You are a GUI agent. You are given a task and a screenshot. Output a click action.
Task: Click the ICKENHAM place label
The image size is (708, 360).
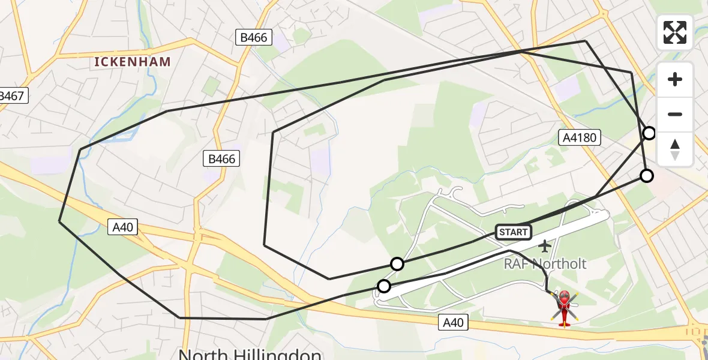(x=133, y=61)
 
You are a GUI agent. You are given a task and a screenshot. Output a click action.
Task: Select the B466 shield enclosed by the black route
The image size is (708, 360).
(x=222, y=158)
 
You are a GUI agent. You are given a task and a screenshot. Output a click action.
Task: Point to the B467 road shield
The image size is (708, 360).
(x=12, y=95)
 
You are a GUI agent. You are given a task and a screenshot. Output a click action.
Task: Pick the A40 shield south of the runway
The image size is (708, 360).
(x=453, y=322)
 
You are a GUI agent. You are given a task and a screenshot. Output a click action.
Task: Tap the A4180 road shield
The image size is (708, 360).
(x=580, y=138)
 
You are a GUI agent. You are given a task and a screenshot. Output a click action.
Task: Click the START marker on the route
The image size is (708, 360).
(x=513, y=232)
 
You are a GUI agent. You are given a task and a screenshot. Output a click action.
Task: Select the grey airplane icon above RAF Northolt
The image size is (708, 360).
(x=544, y=245)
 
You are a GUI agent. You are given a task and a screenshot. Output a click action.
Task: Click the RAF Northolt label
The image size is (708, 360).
(x=545, y=263)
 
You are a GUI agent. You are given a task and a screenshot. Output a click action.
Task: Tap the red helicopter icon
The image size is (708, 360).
(x=564, y=307)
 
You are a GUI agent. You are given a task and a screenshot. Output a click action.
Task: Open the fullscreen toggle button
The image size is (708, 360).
(x=675, y=32)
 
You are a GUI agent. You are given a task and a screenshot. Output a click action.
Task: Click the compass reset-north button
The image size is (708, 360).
(x=675, y=149)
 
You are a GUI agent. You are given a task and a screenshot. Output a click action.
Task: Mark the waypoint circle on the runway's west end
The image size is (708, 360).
(x=383, y=286)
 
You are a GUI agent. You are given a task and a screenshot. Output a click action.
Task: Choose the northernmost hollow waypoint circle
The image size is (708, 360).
(x=649, y=133)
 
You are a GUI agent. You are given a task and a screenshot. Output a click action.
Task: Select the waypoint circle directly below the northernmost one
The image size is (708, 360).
(x=646, y=176)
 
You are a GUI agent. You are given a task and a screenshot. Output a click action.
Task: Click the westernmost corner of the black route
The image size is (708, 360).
(x=59, y=221)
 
